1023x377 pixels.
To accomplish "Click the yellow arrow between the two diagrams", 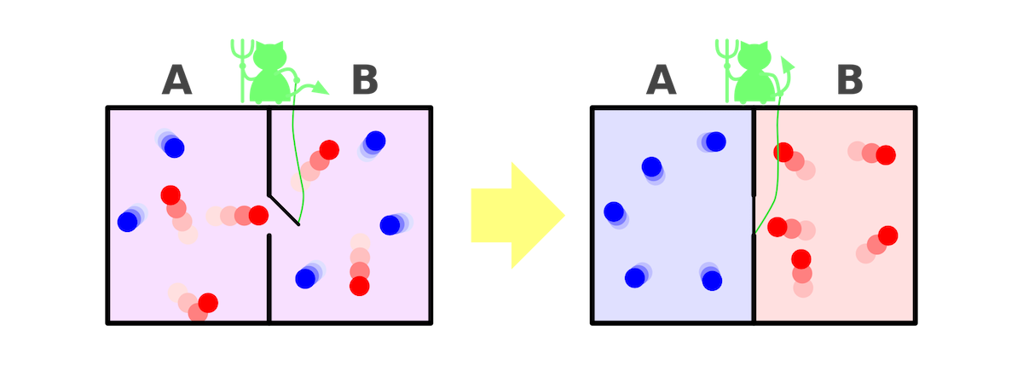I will coord(516,217).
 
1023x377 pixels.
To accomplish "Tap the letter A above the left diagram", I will coord(176,81).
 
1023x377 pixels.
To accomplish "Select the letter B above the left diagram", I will coord(365,81).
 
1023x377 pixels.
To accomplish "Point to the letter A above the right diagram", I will coord(661,81).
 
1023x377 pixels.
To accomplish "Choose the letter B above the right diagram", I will coord(849,81).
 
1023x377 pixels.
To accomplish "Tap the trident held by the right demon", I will coord(726,64).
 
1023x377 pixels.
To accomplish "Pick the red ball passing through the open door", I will coord(258,215).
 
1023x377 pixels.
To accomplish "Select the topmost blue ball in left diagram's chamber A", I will coord(174,148).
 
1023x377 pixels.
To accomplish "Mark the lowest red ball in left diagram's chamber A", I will coord(207,303).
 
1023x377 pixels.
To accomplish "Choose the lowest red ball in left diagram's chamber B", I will coord(360,286).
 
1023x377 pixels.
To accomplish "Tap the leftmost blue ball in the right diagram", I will coord(613,211).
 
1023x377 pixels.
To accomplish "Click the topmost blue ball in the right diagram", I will coord(716,141).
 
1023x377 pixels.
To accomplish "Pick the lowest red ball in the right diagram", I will coord(800,258).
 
